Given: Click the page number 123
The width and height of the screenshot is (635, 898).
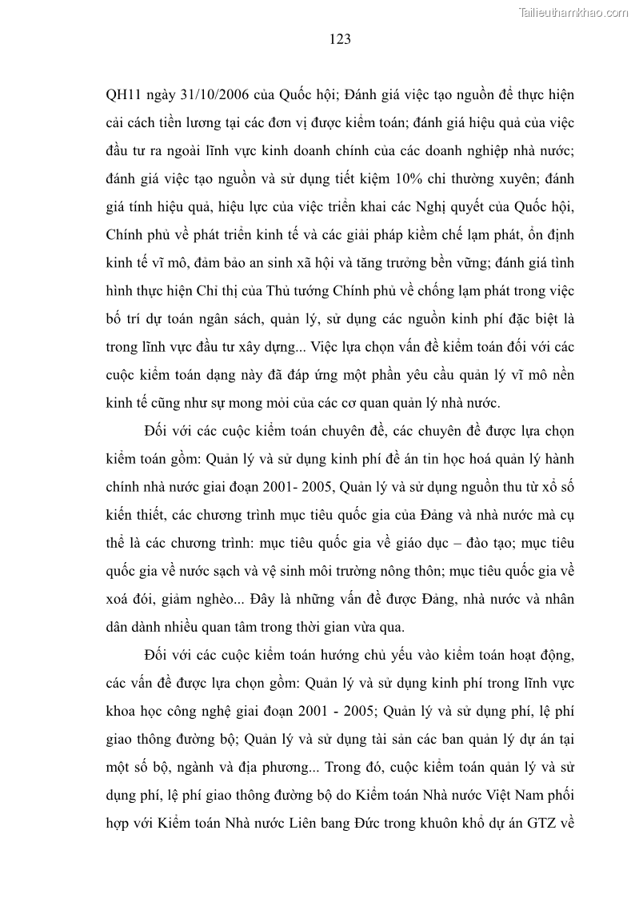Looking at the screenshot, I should [339, 38].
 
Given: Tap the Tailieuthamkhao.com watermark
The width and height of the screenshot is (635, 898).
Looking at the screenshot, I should [573, 12].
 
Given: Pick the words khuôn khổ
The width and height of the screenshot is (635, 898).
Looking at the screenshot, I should [443, 822].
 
